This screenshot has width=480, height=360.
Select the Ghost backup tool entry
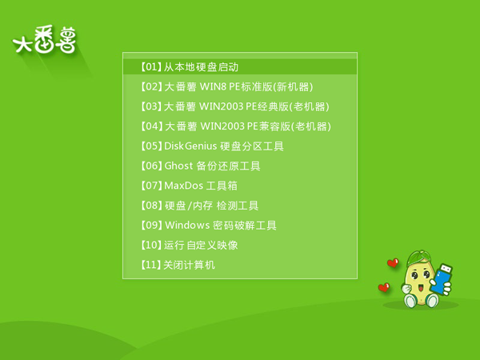point(200,166)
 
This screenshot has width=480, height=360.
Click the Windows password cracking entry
point(208,226)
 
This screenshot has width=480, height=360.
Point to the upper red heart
point(392,262)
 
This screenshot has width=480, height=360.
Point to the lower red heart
point(384,286)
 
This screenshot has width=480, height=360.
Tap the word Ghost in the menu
point(178,166)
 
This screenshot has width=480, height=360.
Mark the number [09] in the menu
point(150,226)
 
